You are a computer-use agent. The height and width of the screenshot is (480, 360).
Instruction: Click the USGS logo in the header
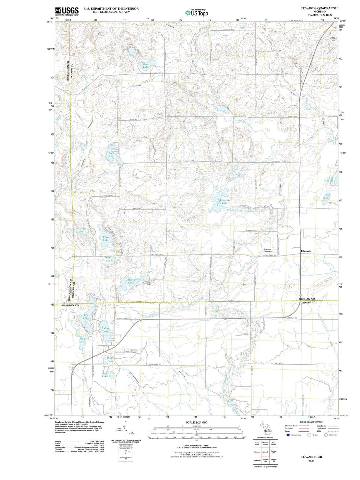point(67,11)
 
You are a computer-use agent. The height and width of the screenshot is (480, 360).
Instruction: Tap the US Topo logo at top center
point(197,13)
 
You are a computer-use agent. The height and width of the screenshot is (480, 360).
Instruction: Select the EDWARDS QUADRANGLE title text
point(319,8)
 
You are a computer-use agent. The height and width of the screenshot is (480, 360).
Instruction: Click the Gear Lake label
point(146,65)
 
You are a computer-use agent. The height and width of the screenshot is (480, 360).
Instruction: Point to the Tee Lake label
point(110,154)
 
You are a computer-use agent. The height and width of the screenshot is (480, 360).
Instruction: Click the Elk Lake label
point(86,316)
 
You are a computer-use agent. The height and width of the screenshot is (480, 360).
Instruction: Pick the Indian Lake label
point(105,330)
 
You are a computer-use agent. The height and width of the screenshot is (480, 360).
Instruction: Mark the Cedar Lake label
point(105,375)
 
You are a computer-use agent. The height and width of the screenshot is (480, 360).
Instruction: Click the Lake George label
point(330,179)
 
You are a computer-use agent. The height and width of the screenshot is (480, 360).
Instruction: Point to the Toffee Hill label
point(332,39)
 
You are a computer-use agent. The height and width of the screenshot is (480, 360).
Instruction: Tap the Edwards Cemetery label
point(268,250)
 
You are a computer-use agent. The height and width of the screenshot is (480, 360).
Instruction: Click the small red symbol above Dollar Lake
point(106,352)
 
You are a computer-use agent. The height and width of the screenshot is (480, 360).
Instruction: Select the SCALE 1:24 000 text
point(196,422)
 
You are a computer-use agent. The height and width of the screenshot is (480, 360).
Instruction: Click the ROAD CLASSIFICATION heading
point(311,422)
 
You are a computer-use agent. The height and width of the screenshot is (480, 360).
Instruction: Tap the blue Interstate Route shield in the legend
point(288,435)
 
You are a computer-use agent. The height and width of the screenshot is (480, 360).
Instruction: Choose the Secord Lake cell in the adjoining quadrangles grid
point(265,460)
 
